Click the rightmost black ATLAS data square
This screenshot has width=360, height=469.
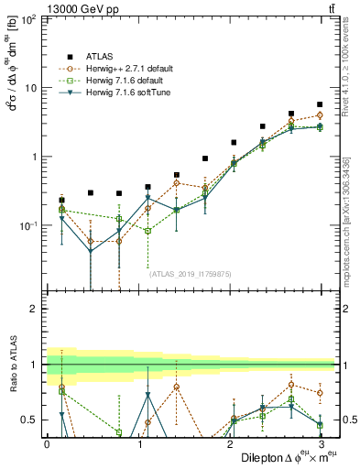tap(320, 104)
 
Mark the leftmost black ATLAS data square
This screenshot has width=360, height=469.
tap(62, 200)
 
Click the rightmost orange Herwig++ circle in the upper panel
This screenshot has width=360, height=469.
tap(320, 115)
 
